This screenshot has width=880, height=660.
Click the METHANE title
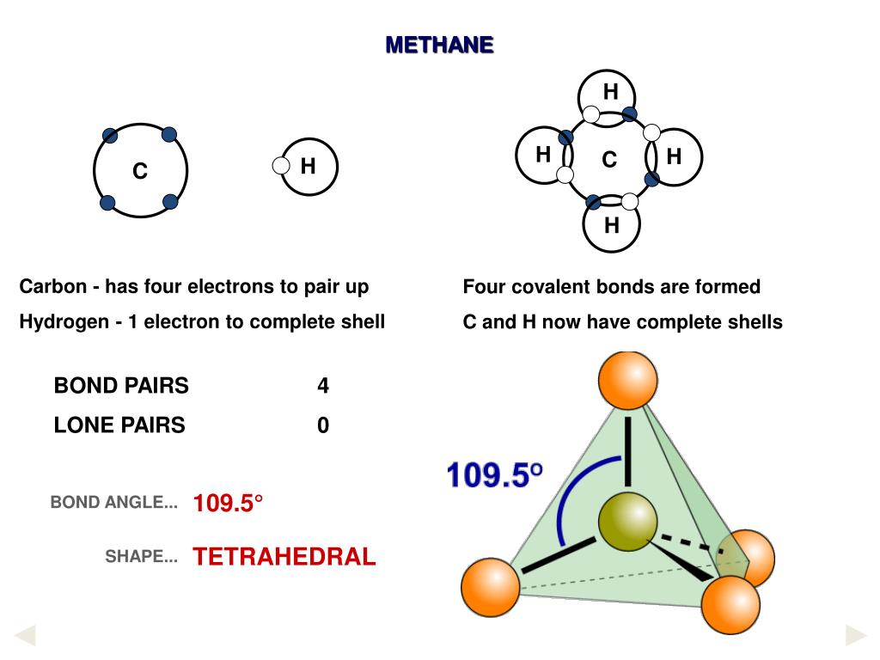pos(439,45)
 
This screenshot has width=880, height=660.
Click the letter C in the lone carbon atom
pos(140,173)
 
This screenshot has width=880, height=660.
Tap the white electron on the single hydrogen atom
pos(281,166)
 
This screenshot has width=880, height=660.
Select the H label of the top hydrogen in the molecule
pos(610,93)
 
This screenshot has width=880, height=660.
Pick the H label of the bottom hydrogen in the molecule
pos(611,226)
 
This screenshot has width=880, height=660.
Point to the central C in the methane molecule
pos(609,160)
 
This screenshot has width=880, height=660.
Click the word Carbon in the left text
pos(50,286)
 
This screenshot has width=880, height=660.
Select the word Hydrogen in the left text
pos(58,322)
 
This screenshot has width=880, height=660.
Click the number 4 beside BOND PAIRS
pos(323,386)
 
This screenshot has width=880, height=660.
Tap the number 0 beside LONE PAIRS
pos(323,425)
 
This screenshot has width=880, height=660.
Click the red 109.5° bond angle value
pos(228,504)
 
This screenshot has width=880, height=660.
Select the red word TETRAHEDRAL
pos(284,557)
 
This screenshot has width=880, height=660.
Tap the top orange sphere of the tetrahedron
pos(627,380)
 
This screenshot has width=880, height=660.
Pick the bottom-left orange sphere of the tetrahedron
pos(491,587)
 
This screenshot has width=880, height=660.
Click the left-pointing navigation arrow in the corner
pos(25,636)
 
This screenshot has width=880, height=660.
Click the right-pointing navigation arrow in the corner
pos(856,636)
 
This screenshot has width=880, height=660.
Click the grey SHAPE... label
pos(141,557)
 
